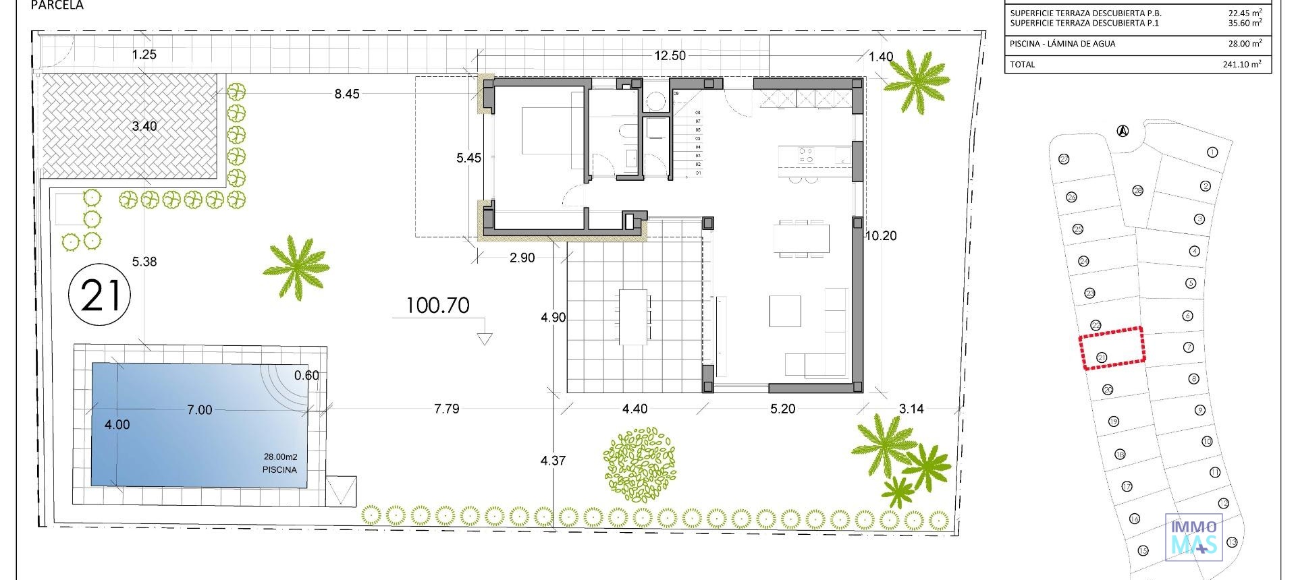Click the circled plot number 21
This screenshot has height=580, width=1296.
click(100, 295)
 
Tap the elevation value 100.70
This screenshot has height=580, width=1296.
click(437, 306)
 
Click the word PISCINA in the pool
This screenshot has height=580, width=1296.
click(279, 469)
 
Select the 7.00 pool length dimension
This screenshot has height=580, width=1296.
click(199, 410)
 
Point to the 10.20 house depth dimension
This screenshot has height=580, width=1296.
click(881, 236)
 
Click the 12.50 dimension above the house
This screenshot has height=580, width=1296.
click(670, 56)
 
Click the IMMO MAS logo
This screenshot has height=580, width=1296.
click(1193, 537)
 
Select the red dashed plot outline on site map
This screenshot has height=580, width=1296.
click(1112, 348)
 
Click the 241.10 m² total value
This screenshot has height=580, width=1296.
click(1241, 65)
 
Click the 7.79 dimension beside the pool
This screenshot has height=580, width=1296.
click(447, 409)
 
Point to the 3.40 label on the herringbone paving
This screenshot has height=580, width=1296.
click(144, 126)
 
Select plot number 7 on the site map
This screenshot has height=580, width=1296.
click(1189, 347)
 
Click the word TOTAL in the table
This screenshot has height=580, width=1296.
click(1022, 65)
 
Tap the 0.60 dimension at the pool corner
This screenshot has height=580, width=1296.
click(306, 376)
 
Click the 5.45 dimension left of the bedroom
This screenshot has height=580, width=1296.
click(468, 158)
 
